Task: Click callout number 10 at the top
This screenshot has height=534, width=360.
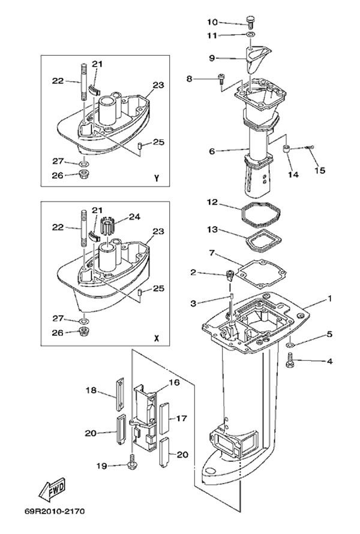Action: (x=212, y=22)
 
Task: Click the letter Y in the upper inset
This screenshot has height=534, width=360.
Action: (x=156, y=178)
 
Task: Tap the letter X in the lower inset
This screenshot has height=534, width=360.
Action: (x=156, y=338)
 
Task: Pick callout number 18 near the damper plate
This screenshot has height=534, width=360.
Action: (x=91, y=391)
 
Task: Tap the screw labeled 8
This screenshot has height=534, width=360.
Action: (x=221, y=78)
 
